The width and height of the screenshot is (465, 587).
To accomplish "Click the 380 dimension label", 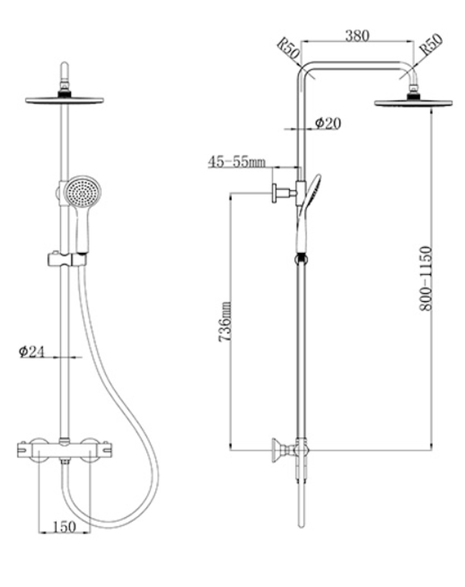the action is point(357,37).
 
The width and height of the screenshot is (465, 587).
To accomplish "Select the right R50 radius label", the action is point(431,44).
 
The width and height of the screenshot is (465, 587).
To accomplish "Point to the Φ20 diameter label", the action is point(328,123).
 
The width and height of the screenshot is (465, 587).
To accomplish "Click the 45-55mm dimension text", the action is point(237,162).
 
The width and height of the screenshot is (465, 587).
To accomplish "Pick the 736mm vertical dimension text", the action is point(225,322).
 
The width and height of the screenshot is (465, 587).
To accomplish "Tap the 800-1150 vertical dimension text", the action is point(426,278).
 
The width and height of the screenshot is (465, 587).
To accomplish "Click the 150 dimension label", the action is point(64,527).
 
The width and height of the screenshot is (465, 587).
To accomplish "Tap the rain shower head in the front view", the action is point(65,100).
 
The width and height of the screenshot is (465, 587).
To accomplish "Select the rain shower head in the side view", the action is point(413,102).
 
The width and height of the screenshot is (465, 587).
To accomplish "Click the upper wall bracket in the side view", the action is point(285,194).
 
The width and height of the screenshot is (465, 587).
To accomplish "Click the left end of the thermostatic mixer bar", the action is point(19,449).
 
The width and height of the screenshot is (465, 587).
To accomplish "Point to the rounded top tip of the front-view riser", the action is point(65,63).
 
